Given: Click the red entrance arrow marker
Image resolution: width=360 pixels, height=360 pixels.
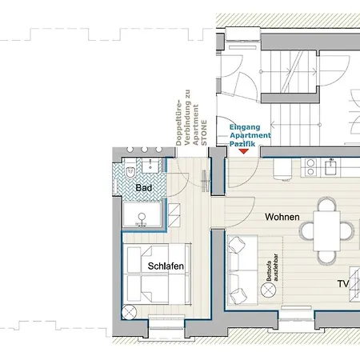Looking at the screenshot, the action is (x=243, y=151).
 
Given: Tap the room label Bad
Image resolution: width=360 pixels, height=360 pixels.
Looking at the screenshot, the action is (x=144, y=188).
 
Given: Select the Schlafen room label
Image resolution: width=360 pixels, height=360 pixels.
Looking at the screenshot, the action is (x=166, y=266).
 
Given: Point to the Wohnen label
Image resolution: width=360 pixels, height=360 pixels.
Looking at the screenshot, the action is (x=282, y=217).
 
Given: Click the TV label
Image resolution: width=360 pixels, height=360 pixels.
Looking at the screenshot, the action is (x=343, y=284).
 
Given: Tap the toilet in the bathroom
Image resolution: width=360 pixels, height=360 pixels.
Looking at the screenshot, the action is (x=130, y=170).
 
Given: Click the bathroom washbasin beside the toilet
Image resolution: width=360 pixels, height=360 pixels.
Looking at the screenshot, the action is (x=150, y=166).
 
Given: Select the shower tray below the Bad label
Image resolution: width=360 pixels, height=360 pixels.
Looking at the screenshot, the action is (x=142, y=214).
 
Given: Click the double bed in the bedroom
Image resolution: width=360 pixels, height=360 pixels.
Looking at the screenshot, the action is (x=157, y=274).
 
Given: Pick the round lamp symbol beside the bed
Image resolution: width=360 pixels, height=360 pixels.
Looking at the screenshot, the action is (x=129, y=312).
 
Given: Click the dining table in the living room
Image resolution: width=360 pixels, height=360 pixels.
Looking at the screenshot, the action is (x=326, y=231).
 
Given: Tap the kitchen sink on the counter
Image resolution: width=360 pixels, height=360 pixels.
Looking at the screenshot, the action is (x=331, y=167).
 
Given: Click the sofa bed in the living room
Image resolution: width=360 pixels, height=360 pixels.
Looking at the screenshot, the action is (x=242, y=270).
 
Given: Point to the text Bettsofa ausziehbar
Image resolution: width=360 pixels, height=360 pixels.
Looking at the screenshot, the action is (x=272, y=267).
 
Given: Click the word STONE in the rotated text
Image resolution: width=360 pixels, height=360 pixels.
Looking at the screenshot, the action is (x=204, y=133).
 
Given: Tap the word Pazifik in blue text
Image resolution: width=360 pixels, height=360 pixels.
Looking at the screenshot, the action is (x=242, y=144).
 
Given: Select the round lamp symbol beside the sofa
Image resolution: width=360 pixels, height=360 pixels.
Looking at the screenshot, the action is (x=268, y=290).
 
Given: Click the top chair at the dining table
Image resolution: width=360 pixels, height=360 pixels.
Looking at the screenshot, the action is (x=326, y=204).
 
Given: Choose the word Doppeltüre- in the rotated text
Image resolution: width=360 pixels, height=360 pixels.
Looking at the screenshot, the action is (x=178, y=122).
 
